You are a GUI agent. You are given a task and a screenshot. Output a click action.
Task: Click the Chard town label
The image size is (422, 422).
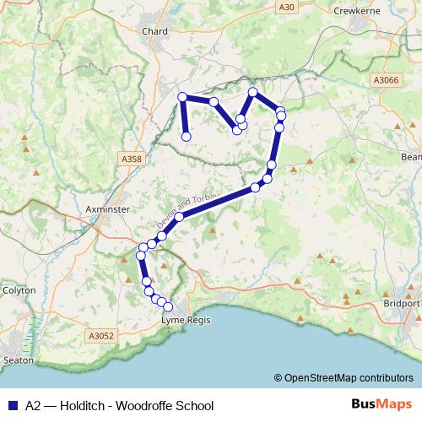pos(155,31)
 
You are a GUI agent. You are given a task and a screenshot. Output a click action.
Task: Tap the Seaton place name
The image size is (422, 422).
pos(19,360)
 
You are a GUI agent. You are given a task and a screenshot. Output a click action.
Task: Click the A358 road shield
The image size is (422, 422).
pos(132,158)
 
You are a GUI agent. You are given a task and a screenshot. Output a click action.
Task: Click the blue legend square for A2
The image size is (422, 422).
pos(11,405)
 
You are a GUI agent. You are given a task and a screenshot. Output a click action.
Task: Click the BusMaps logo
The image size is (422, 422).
pos(381,404)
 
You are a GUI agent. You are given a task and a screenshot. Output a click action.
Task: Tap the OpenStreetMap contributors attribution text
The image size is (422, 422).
pos(349,378)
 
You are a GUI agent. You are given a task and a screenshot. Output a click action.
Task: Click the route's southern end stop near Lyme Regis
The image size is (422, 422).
pos(168,307)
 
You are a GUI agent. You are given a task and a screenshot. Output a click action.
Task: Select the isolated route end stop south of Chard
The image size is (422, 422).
pos(187,137)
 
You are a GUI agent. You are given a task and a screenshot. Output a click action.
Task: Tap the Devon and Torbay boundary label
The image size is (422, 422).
pos(187,207)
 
